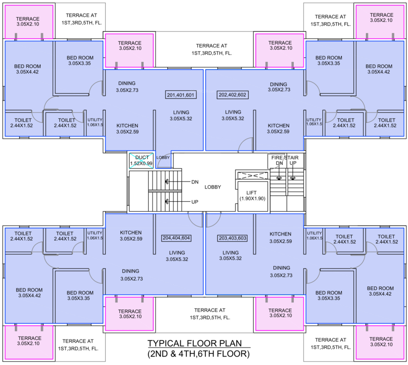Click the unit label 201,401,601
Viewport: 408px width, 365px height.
coord(181,95)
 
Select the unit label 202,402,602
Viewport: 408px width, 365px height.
coord(232,95)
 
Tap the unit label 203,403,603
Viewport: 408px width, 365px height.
coord(232,238)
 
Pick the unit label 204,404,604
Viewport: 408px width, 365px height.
coord(176,238)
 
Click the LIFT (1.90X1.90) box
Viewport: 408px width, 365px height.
coord(252,196)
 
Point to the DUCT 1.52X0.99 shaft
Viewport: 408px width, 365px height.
coord(141,160)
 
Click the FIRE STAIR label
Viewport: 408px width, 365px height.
coord(285,158)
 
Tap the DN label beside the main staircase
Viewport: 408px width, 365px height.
coord(195,182)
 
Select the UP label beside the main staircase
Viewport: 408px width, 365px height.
coord(195,202)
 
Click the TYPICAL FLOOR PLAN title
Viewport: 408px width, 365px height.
coord(195,343)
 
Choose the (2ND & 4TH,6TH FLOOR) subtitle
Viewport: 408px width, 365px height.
coord(199,354)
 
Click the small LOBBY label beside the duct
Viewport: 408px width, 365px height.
coord(163,157)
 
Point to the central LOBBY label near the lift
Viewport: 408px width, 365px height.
coord(213,187)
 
